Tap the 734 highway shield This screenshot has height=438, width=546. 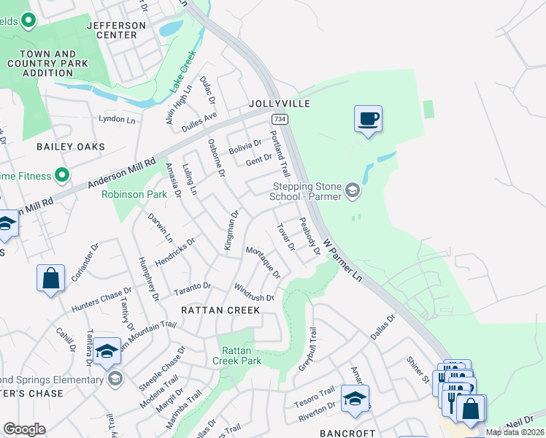[x=278, y=118]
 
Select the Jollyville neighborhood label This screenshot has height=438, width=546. [x=280, y=104]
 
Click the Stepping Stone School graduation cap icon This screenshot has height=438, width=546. [x=353, y=191]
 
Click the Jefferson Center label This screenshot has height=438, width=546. [x=116, y=30]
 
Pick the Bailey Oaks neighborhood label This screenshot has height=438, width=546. [x=71, y=147]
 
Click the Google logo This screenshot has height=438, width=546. [x=24, y=429]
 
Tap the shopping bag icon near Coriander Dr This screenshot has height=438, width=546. [x=50, y=279]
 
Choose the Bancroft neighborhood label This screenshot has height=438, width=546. [x=348, y=433]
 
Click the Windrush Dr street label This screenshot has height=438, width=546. [x=254, y=293]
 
